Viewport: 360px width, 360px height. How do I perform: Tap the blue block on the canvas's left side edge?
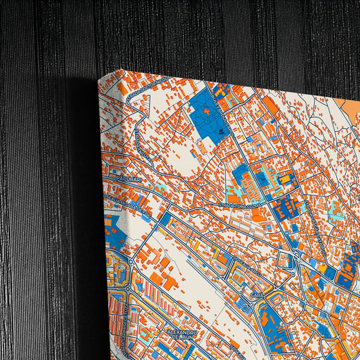coord(111,233)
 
